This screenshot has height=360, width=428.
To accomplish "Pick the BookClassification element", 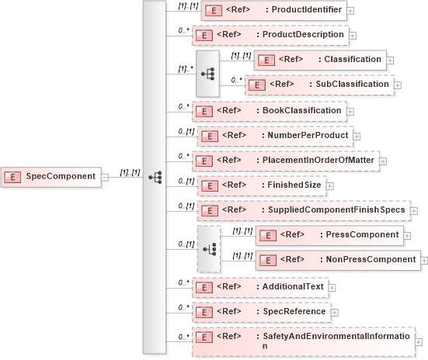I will [x=268, y=110].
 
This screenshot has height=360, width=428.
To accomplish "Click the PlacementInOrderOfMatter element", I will [x=288, y=161].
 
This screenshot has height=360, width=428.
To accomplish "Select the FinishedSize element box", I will [x=260, y=185].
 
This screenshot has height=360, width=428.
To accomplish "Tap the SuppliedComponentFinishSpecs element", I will [x=302, y=210].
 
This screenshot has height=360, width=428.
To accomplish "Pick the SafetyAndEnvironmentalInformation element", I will [x=303, y=341].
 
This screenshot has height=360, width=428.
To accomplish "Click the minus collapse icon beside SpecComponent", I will [x=105, y=177].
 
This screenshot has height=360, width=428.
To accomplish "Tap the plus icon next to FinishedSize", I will [x=329, y=185].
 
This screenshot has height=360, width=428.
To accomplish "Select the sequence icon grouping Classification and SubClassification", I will [x=207, y=73].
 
